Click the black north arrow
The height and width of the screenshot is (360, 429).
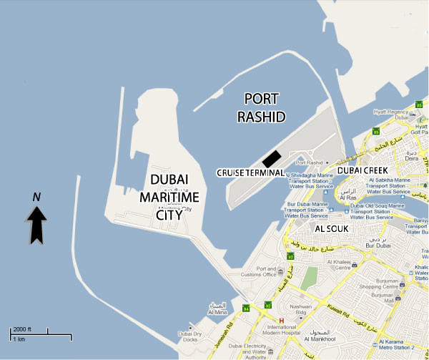[x=37, y=223]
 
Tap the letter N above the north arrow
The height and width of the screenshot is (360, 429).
[x=37, y=196]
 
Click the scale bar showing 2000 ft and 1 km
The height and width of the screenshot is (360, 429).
[x=40, y=333]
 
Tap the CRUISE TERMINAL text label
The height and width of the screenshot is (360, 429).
[x=250, y=173]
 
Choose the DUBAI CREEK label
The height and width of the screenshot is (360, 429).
[x=362, y=171]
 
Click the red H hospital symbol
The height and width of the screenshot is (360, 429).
[x=281, y=320]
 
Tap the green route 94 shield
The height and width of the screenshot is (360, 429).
[x=246, y=308]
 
